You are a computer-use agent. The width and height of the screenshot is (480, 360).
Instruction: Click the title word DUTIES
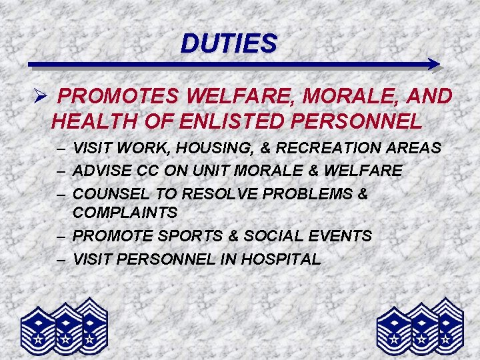(x=228, y=44)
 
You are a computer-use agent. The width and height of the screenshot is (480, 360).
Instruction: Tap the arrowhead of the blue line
(x=434, y=65)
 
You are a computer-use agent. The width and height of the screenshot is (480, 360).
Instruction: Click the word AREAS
(x=417, y=148)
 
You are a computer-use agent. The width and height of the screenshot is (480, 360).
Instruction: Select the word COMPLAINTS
(x=125, y=213)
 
